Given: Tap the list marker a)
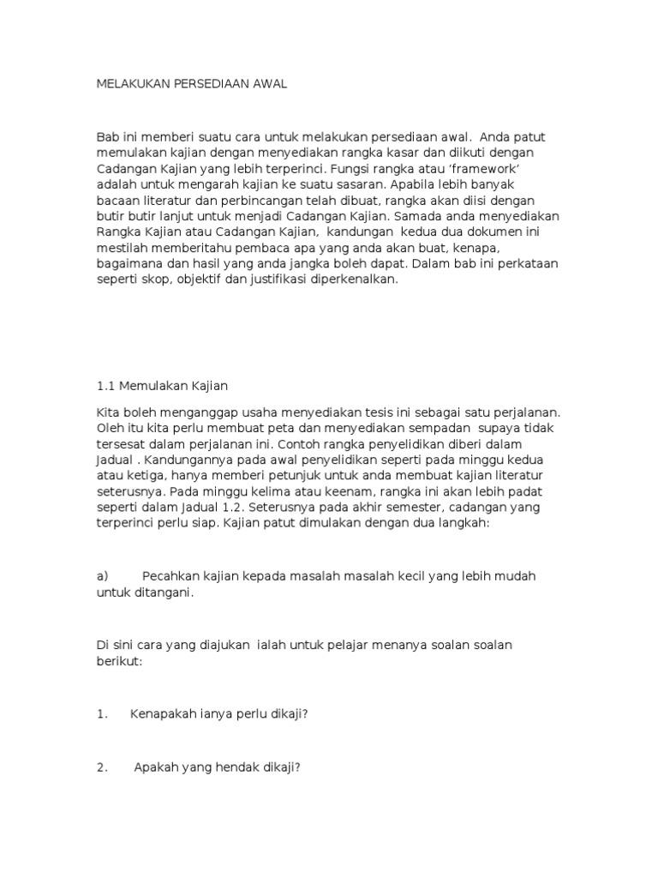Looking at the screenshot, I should [x=103, y=576].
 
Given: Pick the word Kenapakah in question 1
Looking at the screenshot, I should [x=162, y=714].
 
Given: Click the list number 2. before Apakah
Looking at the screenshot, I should [x=102, y=767].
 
